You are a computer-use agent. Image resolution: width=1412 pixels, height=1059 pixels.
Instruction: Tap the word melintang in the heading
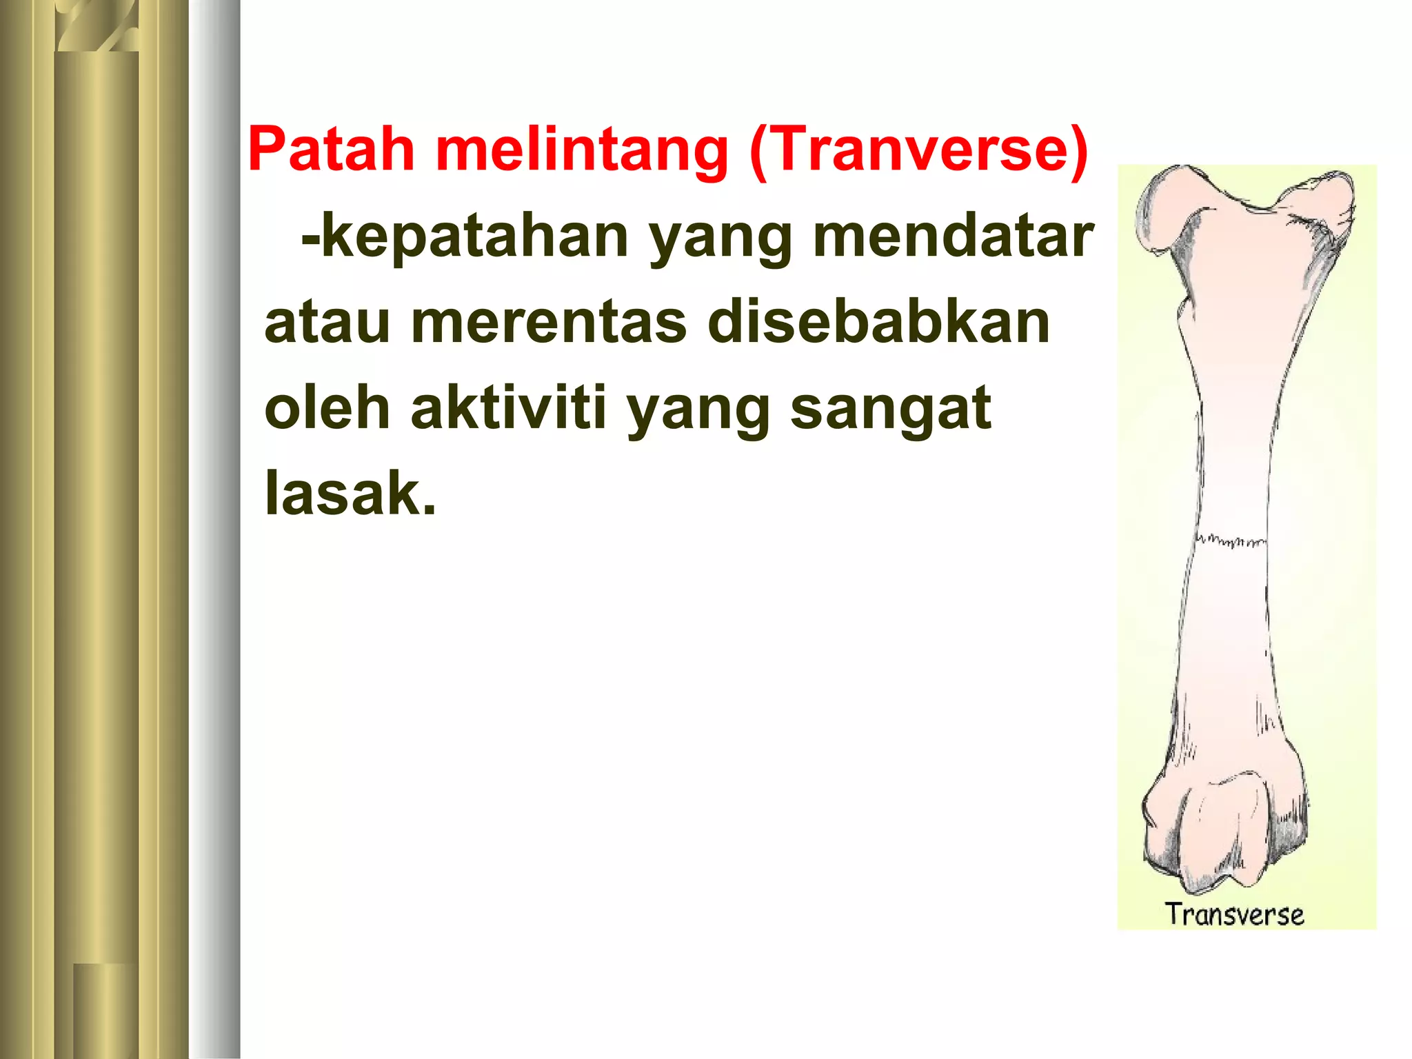[x=581, y=150]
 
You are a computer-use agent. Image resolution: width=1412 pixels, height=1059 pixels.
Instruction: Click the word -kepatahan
[x=464, y=236]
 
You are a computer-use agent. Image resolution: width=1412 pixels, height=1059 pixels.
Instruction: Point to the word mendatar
[x=953, y=236]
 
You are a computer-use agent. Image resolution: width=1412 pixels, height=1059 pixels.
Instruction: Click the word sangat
[x=890, y=409]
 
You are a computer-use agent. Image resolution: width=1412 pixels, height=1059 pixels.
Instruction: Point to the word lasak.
[x=350, y=494]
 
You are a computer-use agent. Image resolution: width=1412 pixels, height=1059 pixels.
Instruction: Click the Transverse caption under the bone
[x=1234, y=914]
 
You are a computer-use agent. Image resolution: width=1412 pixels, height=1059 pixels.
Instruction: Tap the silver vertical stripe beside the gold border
[x=215, y=529]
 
